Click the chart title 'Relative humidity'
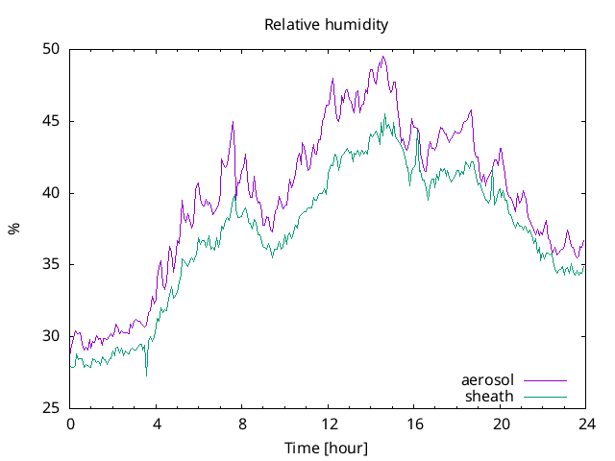click(x=327, y=25)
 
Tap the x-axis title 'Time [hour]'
click(x=326, y=449)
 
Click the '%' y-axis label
click(x=13, y=229)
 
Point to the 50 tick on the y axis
click(x=51, y=49)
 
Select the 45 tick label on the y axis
click(x=51, y=121)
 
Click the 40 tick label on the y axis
click(x=51, y=193)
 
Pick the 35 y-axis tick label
click(x=51, y=264)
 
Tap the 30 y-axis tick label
click(x=51, y=336)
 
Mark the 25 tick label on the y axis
click(x=51, y=408)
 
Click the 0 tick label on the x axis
click(x=70, y=424)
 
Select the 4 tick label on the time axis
click(x=156, y=424)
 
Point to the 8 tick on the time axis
click(x=242, y=424)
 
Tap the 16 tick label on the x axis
click(x=414, y=424)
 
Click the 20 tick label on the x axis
click(x=500, y=424)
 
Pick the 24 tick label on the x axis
click(x=586, y=424)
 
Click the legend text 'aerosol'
click(x=488, y=380)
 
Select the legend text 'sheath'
click(x=490, y=396)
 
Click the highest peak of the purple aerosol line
click(x=382, y=57)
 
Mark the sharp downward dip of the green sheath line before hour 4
click(x=146, y=375)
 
